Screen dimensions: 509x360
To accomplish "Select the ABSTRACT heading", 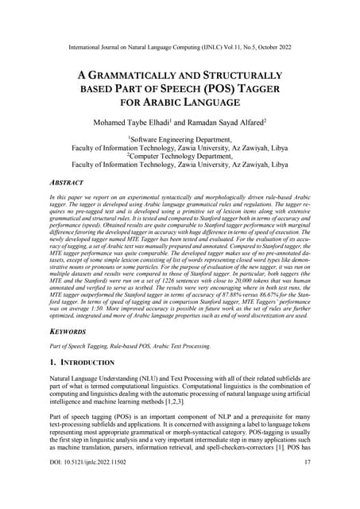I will point(66,182).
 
